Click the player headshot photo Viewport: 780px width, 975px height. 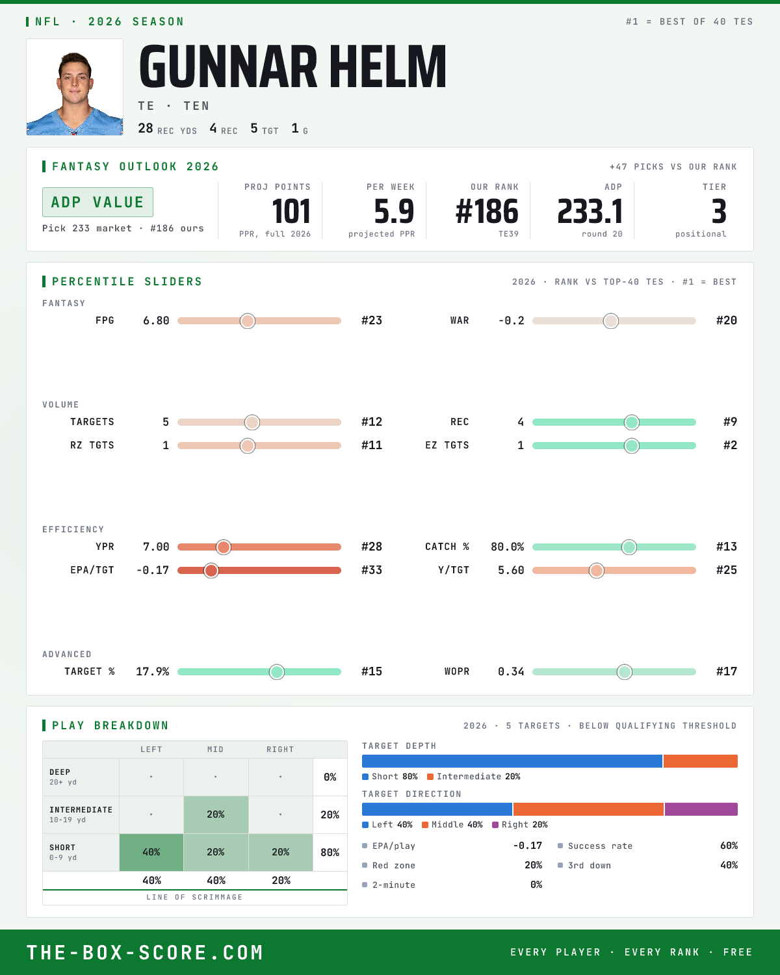[x=75, y=87]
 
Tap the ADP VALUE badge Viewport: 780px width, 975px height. [x=97, y=202]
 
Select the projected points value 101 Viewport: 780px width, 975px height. [x=291, y=212]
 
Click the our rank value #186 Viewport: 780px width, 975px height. [x=487, y=212]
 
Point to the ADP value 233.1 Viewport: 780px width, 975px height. [x=590, y=212]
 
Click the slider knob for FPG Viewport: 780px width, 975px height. [x=248, y=320]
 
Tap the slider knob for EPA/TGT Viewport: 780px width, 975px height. [x=211, y=571]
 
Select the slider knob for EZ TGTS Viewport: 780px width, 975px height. [x=631, y=446]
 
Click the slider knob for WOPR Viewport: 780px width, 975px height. [x=625, y=672]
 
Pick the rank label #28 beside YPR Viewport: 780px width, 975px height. [x=372, y=547]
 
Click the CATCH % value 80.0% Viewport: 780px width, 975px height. [x=507, y=547]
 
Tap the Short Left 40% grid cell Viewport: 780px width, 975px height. [x=151, y=852]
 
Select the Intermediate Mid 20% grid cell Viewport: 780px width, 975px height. [x=216, y=814]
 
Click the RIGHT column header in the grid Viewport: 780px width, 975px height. [x=280, y=749]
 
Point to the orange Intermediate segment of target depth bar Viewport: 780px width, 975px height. [x=700, y=761]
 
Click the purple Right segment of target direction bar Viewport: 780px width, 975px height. [x=701, y=809]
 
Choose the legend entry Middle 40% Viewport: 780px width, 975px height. [x=452, y=825]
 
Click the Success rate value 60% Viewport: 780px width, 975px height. [x=729, y=846]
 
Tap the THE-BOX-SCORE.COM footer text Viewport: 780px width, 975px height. [x=145, y=952]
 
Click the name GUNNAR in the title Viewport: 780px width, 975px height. [x=228, y=66]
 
